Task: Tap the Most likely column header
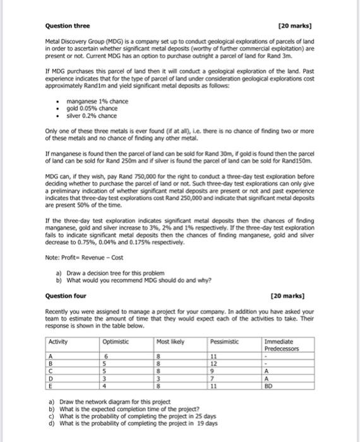coord(171,342)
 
